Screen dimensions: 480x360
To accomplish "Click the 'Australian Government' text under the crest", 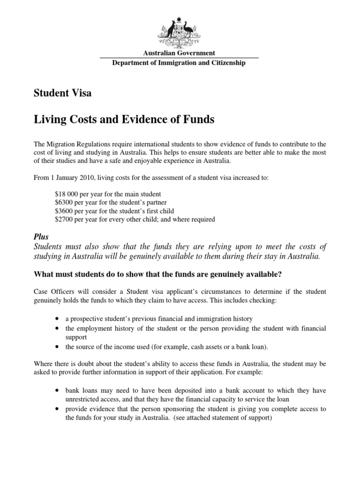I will tap(180, 53).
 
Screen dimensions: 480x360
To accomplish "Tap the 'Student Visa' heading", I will tap(63, 93).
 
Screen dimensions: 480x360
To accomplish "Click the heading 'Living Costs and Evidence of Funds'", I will tap(124, 120).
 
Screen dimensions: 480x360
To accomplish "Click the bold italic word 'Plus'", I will tap(42, 237).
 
